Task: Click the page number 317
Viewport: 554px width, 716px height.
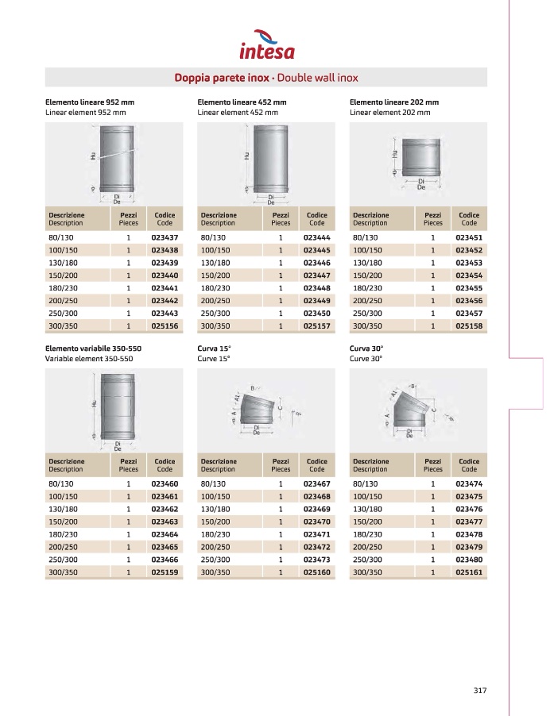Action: (x=479, y=690)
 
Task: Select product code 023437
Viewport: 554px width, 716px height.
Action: (x=165, y=237)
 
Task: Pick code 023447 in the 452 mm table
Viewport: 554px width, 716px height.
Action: (x=316, y=275)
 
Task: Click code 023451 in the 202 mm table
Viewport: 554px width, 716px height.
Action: (x=469, y=237)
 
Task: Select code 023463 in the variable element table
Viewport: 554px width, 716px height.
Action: (x=165, y=521)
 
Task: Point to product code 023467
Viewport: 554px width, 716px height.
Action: (x=316, y=483)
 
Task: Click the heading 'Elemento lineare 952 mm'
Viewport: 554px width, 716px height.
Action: (x=90, y=102)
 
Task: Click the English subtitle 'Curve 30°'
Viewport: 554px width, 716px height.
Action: (x=366, y=359)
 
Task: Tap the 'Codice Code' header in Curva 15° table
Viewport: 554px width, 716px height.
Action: (x=316, y=465)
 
